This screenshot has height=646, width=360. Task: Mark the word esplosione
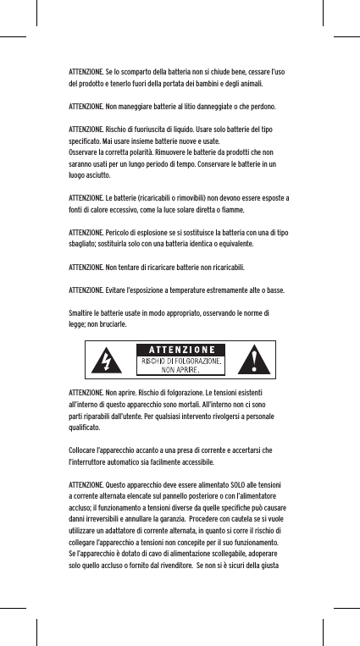(x=158, y=230)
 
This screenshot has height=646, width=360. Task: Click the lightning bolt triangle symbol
(x=106, y=362)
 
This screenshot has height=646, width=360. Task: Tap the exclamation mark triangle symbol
(x=257, y=362)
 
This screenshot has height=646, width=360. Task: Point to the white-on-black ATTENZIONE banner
(x=180, y=350)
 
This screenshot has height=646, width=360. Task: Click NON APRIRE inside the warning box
(x=180, y=370)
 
